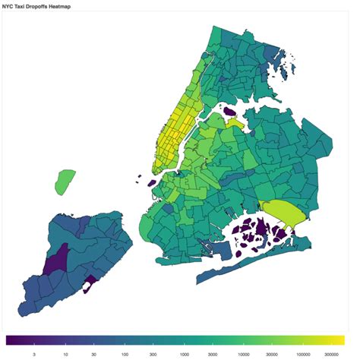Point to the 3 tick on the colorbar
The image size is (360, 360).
(x=34, y=353)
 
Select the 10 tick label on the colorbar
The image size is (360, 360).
(x=65, y=353)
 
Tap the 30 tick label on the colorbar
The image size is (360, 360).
(x=93, y=353)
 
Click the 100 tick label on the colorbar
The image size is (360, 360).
(x=124, y=353)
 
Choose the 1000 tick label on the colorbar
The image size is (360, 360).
(x=183, y=353)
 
